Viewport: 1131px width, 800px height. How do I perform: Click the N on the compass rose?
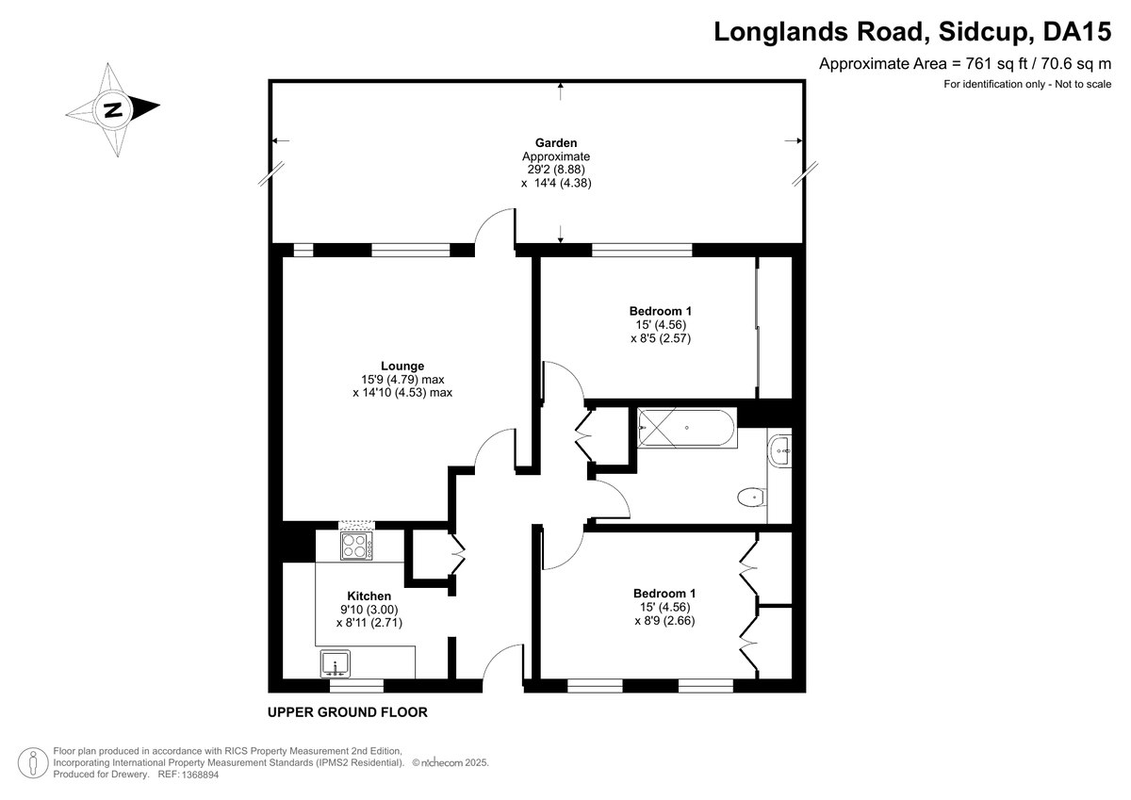112,109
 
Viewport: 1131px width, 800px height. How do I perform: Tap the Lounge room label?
402,366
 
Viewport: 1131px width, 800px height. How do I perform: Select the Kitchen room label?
369,596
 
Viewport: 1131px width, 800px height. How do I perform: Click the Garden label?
556,143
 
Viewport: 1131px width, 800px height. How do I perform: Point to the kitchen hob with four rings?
356,546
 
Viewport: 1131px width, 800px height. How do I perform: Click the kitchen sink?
336,663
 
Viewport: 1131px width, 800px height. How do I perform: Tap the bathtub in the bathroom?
687,428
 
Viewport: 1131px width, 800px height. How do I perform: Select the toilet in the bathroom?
752,498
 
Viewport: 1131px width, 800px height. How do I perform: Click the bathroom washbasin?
780,450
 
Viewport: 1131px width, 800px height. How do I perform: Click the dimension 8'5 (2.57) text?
661,338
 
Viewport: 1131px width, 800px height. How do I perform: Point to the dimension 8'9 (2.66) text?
664,620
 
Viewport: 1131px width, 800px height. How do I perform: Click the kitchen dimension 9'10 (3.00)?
369,610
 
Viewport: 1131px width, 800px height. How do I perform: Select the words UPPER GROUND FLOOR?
348,712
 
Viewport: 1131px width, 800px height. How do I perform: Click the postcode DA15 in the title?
1077,31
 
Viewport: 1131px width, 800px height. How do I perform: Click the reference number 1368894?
200,775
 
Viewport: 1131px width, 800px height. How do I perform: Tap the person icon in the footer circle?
33,762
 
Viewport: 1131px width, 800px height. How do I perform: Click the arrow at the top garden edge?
560,90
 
